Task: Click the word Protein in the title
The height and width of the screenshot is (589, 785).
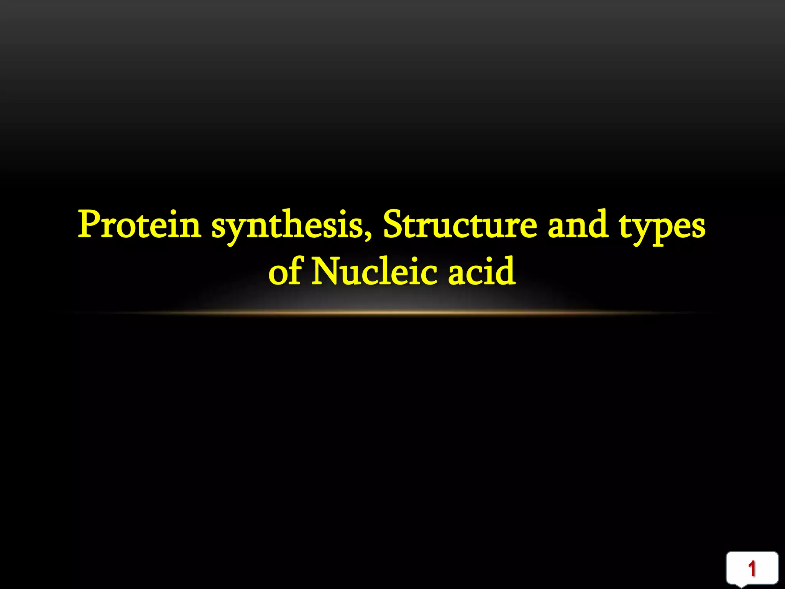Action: click(x=140, y=225)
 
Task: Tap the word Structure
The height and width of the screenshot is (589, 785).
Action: click(x=460, y=225)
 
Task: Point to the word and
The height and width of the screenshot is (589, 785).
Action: click(x=578, y=225)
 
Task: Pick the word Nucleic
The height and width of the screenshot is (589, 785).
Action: click(x=374, y=271)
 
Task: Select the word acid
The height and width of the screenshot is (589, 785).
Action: click(x=482, y=271)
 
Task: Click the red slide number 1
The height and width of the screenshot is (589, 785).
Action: click(x=752, y=569)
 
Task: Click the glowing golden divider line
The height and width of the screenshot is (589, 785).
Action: click(x=392, y=313)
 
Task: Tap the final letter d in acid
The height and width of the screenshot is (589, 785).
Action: click(x=506, y=271)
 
